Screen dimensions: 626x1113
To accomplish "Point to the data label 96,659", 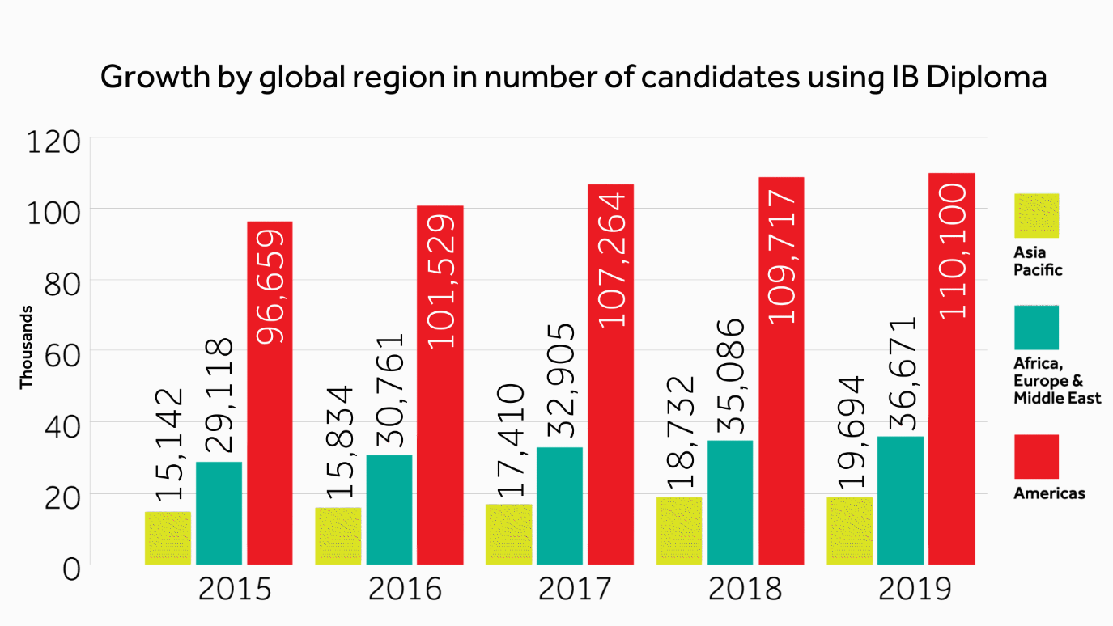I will click(x=270, y=286).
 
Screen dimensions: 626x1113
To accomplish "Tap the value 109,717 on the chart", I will click(x=782, y=257).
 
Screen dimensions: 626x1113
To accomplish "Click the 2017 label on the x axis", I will click(x=575, y=590).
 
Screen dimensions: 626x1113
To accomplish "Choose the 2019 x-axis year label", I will click(x=915, y=590).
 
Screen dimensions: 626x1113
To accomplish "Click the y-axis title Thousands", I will click(x=26, y=347).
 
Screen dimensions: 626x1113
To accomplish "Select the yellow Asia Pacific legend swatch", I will click(x=1036, y=215).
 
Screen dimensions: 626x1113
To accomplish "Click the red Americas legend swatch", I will click(x=1036, y=457).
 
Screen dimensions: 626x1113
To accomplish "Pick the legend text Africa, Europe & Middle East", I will click(x=1056, y=380).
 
